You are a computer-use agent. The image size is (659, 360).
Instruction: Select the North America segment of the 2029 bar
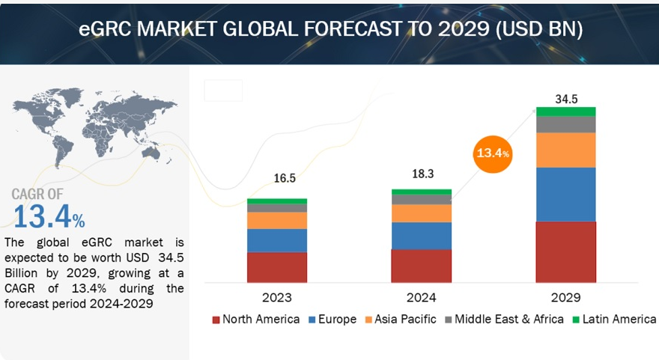click(x=566, y=251)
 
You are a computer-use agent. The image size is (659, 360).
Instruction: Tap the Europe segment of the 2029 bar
click(x=566, y=194)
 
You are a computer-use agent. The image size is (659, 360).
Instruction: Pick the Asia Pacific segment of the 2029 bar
click(x=566, y=150)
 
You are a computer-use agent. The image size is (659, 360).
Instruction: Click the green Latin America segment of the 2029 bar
click(x=566, y=111)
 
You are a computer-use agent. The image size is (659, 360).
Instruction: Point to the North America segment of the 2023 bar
click(x=277, y=266)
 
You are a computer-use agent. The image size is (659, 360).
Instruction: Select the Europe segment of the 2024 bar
click(x=422, y=235)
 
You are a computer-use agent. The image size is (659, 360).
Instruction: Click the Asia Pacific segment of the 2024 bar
click(x=422, y=213)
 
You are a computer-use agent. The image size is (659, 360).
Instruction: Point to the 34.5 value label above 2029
click(x=566, y=99)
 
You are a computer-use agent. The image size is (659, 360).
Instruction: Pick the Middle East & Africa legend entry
click(x=508, y=320)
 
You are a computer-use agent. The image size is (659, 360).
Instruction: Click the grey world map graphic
click(x=90, y=123)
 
